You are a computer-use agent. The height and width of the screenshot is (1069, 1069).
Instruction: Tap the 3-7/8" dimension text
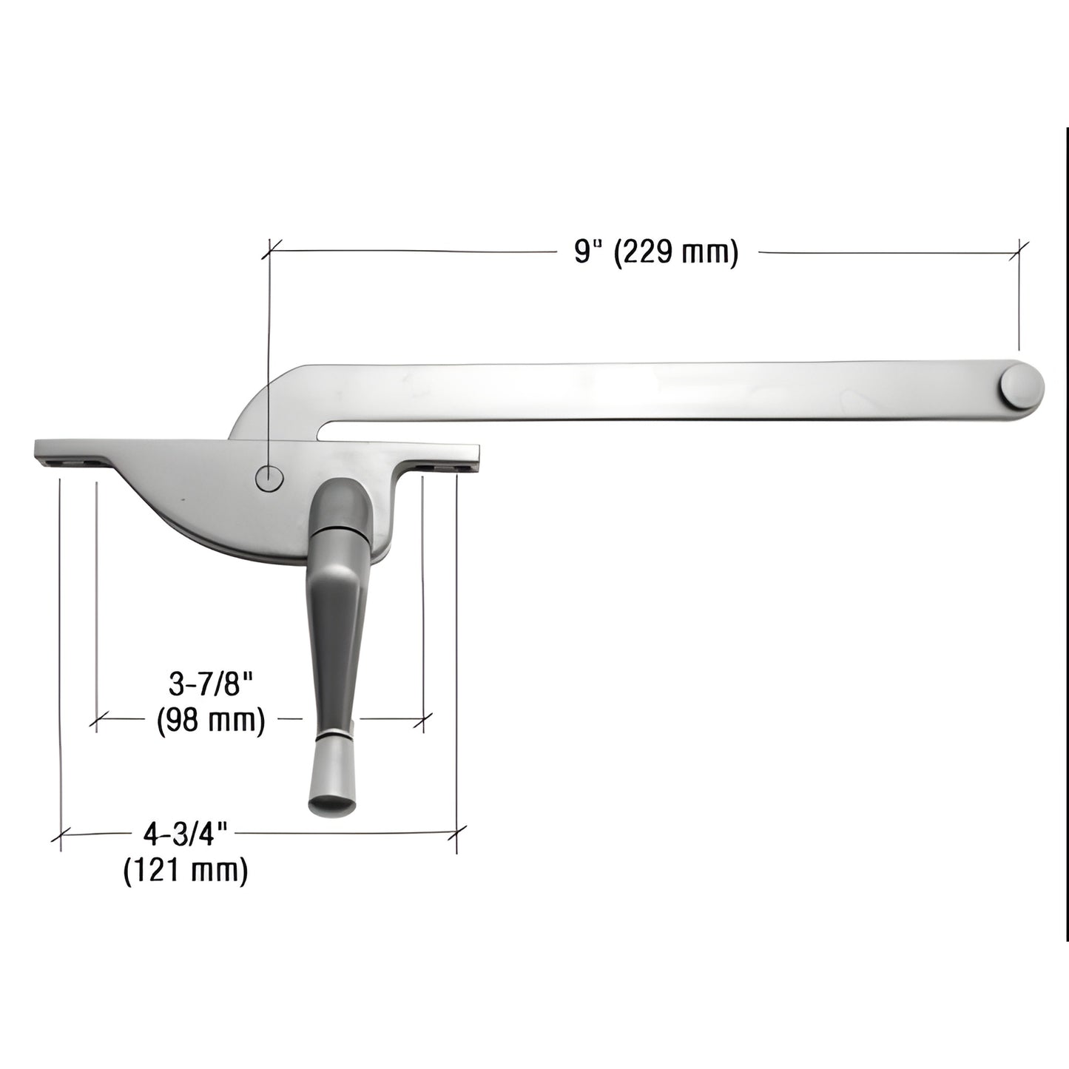click(211, 685)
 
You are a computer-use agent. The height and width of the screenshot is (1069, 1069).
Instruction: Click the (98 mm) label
click(211, 719)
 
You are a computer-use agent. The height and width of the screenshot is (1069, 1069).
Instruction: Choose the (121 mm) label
click(185, 870)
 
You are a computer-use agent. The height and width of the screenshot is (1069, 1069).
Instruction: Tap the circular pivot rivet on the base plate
click(269, 479)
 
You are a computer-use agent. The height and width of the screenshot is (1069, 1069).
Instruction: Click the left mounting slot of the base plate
click(73, 462)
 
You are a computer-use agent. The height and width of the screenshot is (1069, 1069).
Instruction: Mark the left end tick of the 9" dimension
click(271, 250)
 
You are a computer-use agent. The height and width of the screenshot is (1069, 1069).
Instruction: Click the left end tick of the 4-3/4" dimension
click(60, 835)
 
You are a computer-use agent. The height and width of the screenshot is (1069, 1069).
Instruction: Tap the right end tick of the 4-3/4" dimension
click(457, 834)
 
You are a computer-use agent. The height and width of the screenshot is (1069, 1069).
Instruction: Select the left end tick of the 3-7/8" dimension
click(96, 718)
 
